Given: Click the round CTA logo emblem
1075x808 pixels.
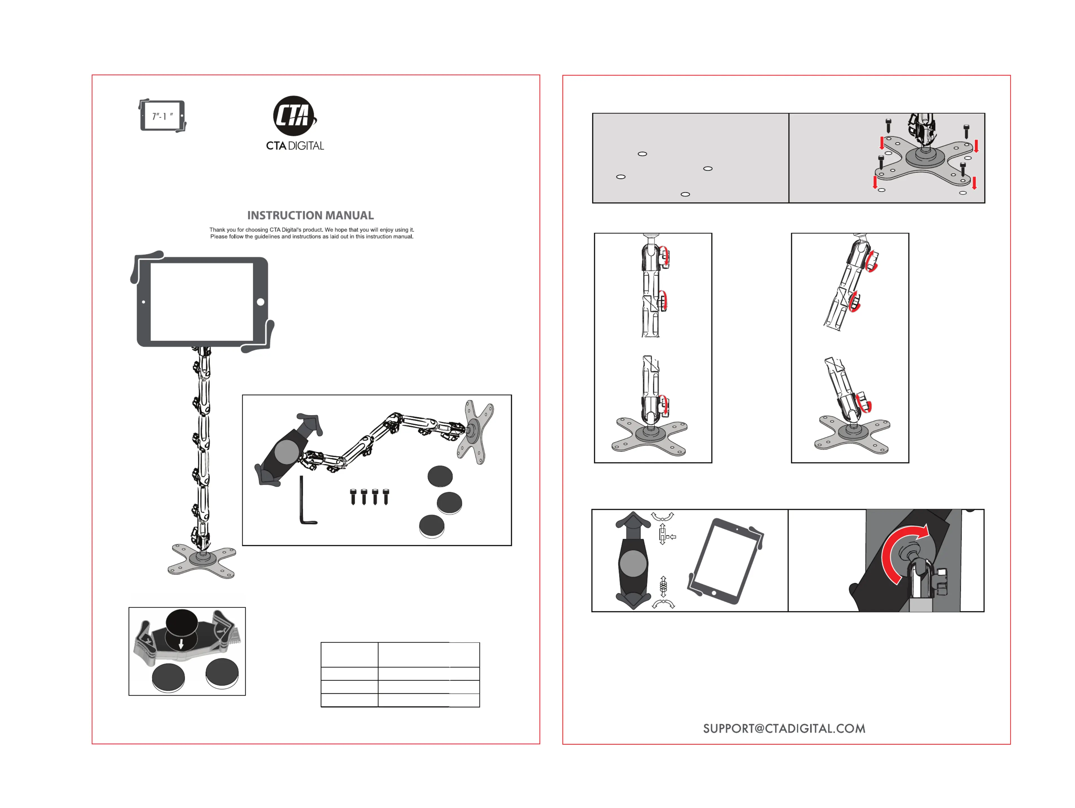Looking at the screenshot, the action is [x=293, y=116].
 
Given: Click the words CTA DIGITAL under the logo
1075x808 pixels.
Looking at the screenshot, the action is [x=295, y=146].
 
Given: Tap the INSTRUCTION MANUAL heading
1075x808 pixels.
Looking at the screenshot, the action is [x=310, y=215].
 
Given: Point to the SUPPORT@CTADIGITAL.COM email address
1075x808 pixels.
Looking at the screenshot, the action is [x=784, y=728].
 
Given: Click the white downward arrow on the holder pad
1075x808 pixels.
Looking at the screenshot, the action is [x=181, y=644].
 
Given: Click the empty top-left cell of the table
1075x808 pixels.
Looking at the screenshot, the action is [x=349, y=654].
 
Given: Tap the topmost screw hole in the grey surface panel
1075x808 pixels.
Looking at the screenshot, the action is [x=642, y=154].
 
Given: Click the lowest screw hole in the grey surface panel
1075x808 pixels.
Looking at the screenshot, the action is [x=685, y=194].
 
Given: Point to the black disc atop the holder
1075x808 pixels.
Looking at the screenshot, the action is [x=182, y=623].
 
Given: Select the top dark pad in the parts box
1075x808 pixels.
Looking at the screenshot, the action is [x=440, y=476].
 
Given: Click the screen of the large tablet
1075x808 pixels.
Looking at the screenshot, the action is [x=202, y=301].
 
